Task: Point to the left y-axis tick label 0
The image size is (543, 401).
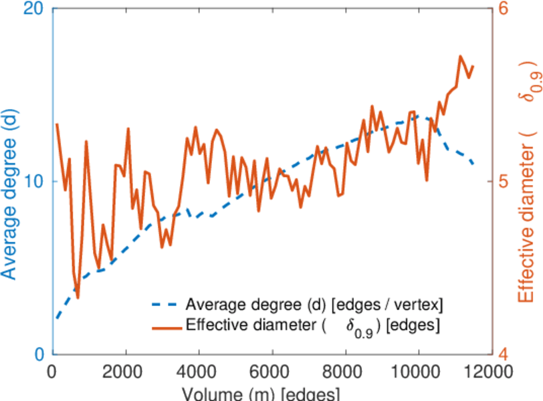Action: pyautogui.click(x=38, y=354)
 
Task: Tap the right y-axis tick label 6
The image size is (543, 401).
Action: pyautogui.click(x=502, y=10)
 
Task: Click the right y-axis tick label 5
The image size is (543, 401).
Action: pyautogui.click(x=502, y=182)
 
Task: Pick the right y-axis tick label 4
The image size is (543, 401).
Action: pyautogui.click(x=502, y=354)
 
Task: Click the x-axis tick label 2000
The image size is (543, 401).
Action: pyautogui.click(x=125, y=372)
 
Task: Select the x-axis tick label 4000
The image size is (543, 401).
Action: pyautogui.click(x=199, y=372)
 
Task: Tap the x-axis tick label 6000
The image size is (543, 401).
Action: pyautogui.click(x=272, y=372)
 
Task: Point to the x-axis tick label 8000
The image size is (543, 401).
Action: pyautogui.click(x=345, y=372)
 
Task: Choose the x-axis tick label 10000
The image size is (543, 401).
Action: pyautogui.click(x=419, y=372)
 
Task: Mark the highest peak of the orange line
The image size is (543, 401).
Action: pyautogui.click(x=461, y=56)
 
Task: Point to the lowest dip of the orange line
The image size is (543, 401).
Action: pyautogui.click(x=78, y=298)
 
